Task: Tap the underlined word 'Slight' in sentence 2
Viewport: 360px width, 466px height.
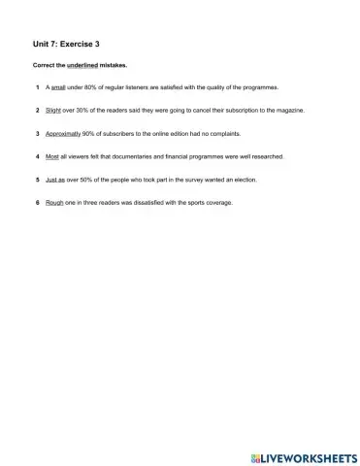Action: (x=55, y=111)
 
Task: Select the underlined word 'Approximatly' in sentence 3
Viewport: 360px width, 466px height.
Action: (x=66, y=134)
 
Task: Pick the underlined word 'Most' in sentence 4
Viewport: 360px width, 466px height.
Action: (x=53, y=156)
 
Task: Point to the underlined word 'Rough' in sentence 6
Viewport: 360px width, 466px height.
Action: (x=55, y=203)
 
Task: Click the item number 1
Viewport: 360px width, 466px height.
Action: (x=36, y=87)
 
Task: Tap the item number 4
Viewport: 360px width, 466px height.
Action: (x=36, y=156)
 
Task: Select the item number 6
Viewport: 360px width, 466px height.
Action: (x=36, y=203)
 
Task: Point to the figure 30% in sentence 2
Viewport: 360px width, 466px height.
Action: (x=89, y=111)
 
